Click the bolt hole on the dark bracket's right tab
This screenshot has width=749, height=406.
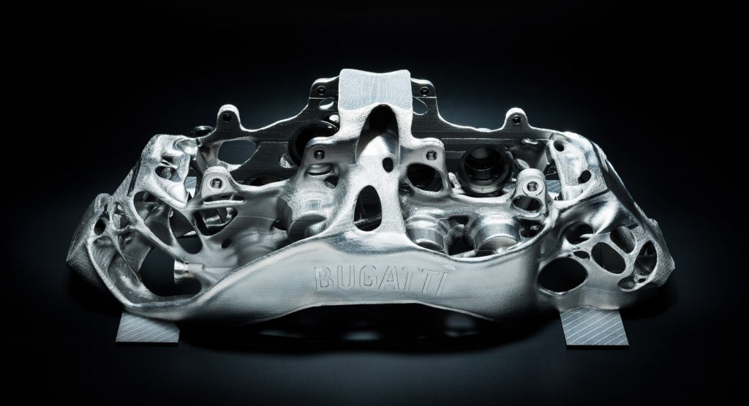516,119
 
